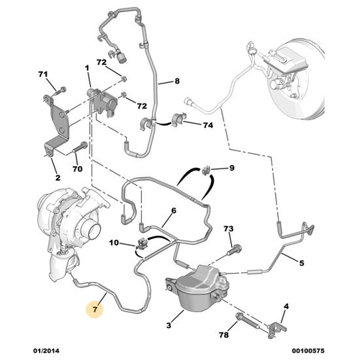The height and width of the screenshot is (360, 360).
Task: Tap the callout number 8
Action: (x=176, y=81)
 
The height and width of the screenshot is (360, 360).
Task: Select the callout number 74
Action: (x=207, y=125)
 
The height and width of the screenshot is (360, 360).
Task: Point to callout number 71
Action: (x=42, y=76)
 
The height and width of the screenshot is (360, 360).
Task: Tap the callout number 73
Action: (x=228, y=229)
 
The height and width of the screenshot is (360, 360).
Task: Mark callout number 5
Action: (x=302, y=264)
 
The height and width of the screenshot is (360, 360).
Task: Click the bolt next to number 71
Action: (x=55, y=91)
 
